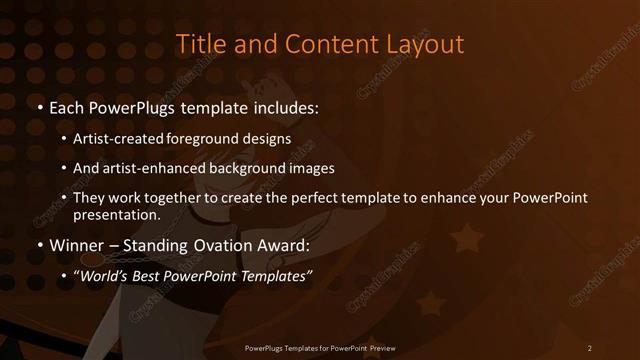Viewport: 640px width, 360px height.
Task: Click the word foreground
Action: [x=223, y=140]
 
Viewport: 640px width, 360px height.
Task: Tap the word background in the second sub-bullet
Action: [x=253, y=168]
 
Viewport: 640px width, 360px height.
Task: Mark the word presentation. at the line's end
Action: [x=117, y=215]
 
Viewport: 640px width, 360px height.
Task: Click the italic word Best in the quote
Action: [x=148, y=275]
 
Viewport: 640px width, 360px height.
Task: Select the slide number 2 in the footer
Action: [x=590, y=347]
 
